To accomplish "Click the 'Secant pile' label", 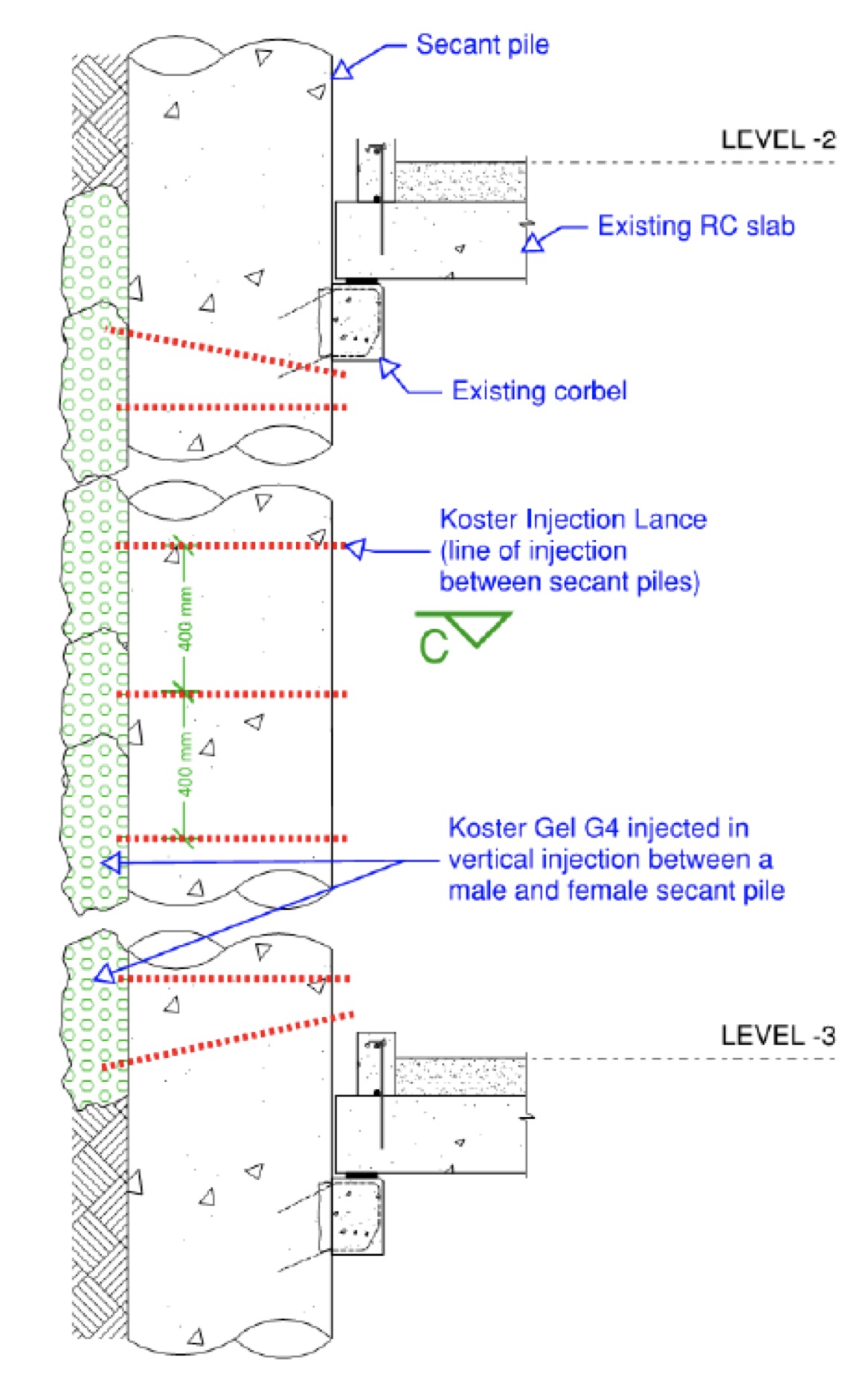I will click(x=482, y=45).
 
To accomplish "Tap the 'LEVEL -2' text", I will click(x=778, y=140).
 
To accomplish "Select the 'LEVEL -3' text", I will click(x=778, y=1035).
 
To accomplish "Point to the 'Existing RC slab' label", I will click(x=696, y=226).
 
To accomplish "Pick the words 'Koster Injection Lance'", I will click(x=573, y=519).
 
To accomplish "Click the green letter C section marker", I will click(x=433, y=645).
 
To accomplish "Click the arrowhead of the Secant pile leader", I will click(x=341, y=70).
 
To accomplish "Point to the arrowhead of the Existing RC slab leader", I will click(x=533, y=242).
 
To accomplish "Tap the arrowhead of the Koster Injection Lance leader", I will click(x=356, y=549).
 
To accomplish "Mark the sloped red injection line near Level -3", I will click(x=227, y=1040).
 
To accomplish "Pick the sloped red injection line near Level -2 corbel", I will click(x=227, y=352).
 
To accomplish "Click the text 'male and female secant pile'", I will click(x=616, y=890).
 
